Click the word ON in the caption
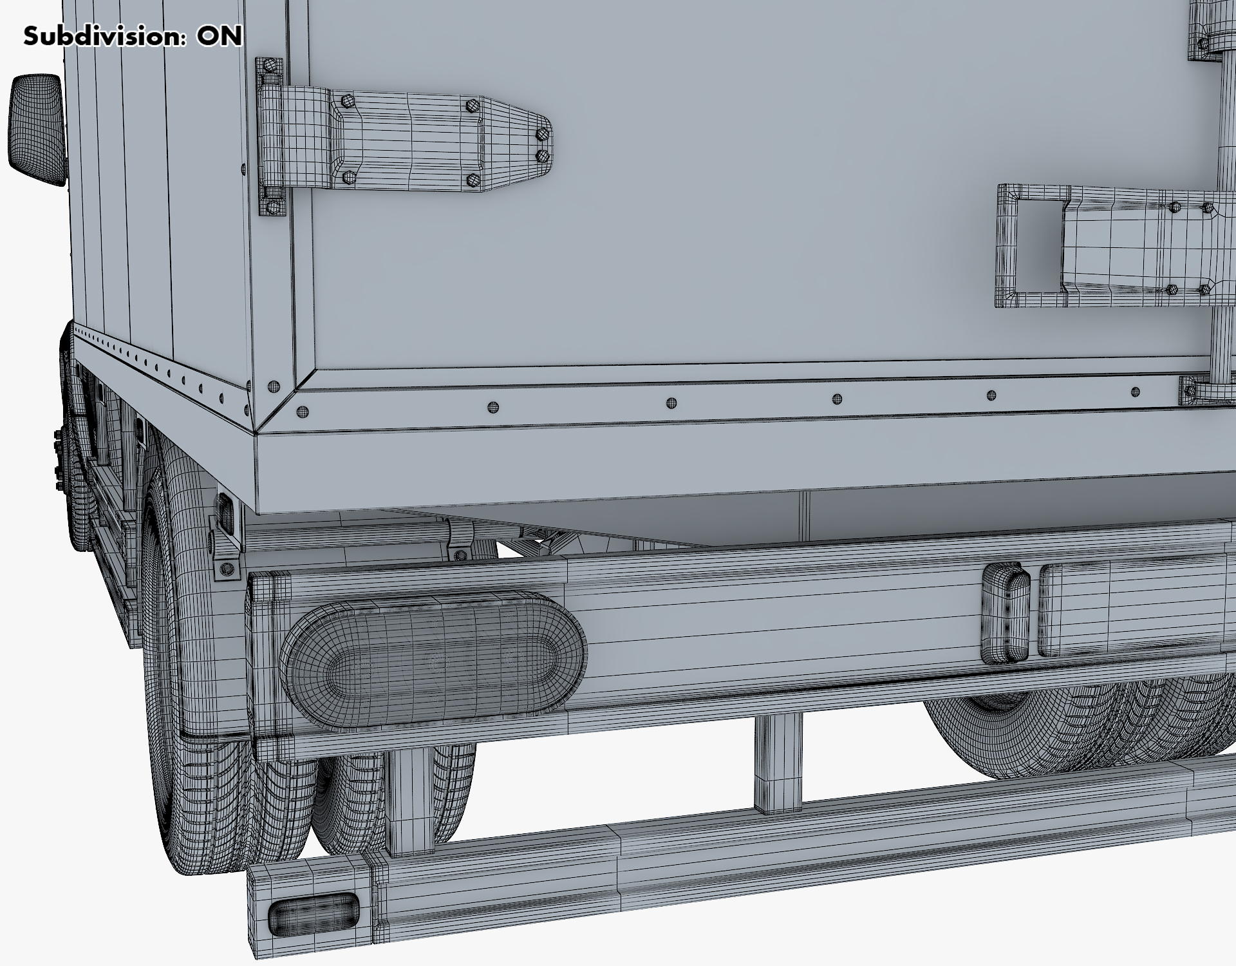[x=220, y=36]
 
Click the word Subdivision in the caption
[x=106, y=36]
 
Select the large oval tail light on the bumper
[x=433, y=660]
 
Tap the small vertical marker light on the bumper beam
[x=1006, y=613]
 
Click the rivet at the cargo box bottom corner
[x=274, y=387]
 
